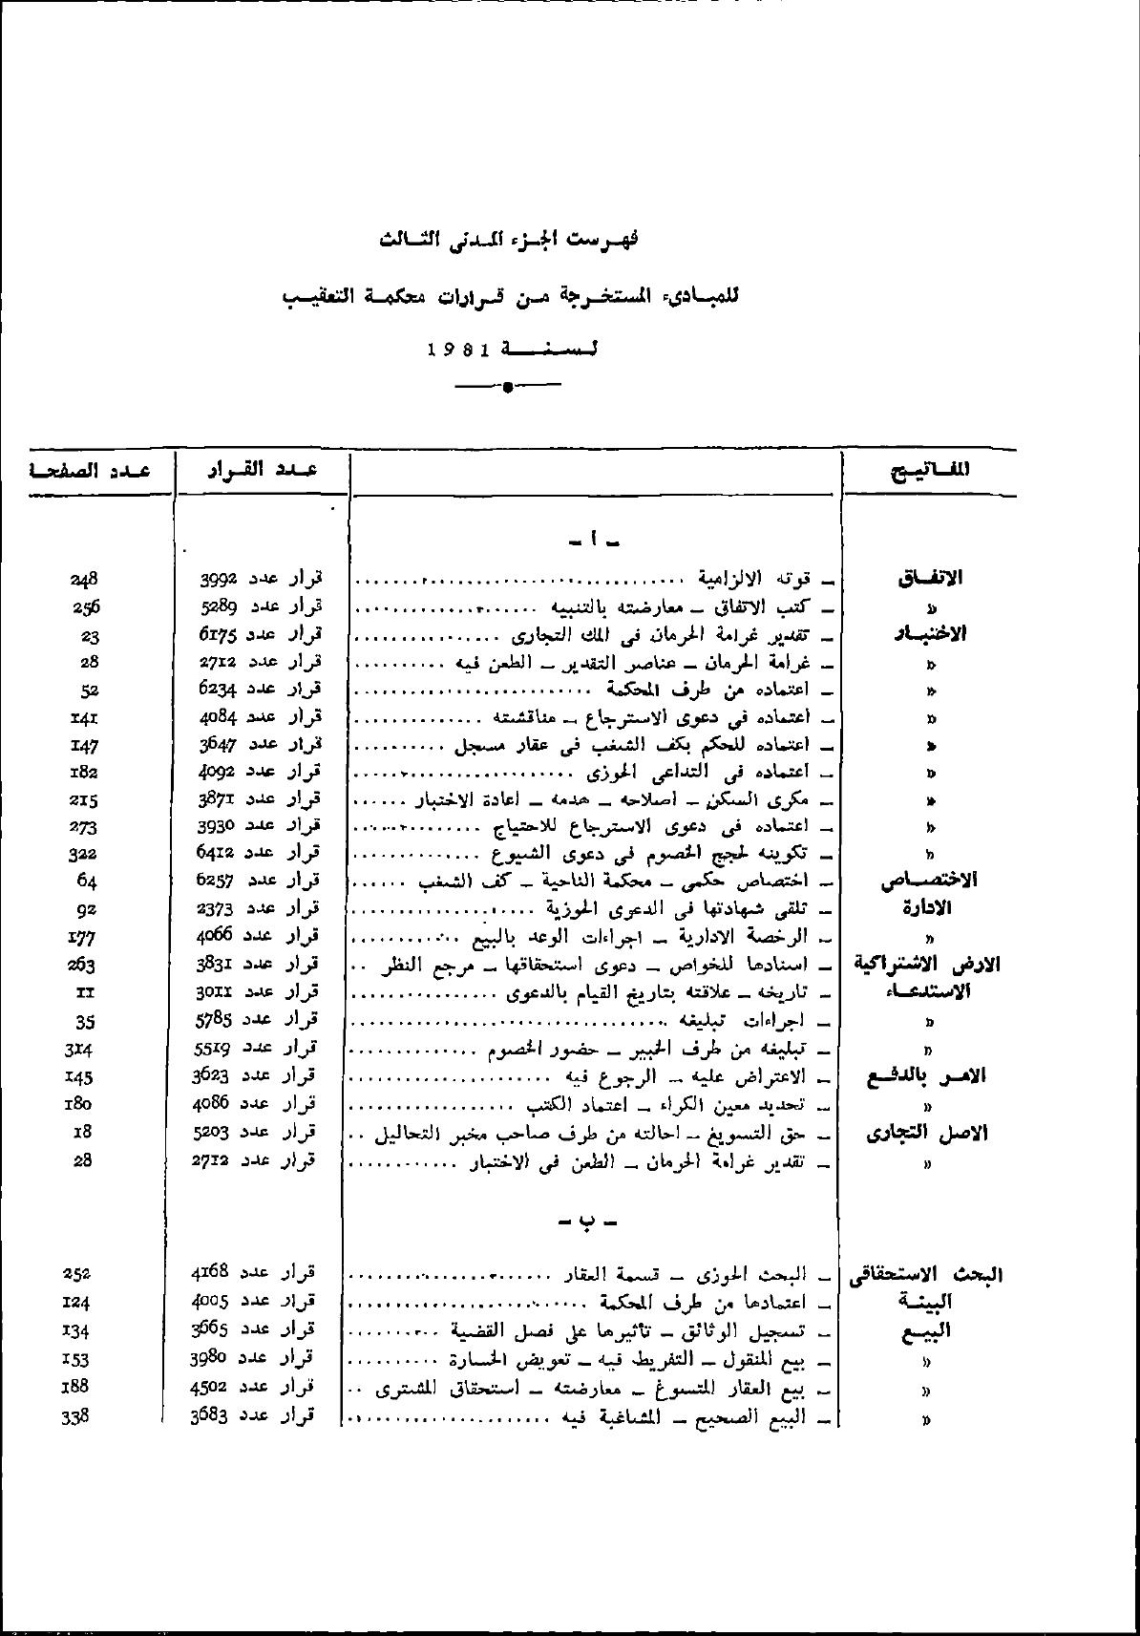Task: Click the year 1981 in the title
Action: click(x=458, y=350)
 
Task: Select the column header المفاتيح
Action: click(x=930, y=470)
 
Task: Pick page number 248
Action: click(x=84, y=579)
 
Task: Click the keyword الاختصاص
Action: click(x=928, y=881)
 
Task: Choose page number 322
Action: click(x=84, y=853)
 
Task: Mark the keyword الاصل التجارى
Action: click(x=926, y=1134)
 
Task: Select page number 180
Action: click(x=84, y=1104)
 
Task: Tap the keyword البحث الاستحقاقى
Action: click(x=924, y=1274)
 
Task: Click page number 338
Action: click(x=75, y=1416)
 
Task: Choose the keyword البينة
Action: click(x=925, y=1302)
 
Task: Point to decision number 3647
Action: click(x=221, y=743)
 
